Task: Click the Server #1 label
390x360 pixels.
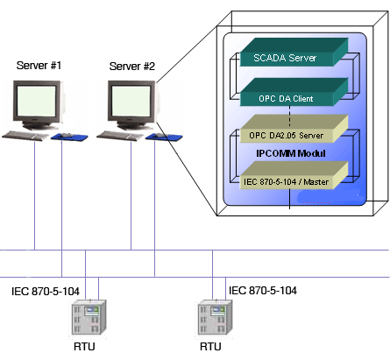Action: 36,66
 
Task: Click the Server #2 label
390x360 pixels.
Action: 131,66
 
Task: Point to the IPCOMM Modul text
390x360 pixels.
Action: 291,153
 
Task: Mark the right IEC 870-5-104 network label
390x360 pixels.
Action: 262,290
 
